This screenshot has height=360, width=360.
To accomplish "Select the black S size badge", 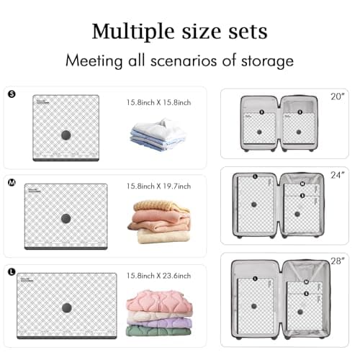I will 11,94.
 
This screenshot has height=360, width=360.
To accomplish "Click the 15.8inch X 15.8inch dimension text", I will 158,102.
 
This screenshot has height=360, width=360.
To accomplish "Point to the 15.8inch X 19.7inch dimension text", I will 158,187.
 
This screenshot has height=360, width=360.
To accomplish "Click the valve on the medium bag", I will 66,218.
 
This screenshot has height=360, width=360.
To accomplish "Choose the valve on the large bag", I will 67,307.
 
